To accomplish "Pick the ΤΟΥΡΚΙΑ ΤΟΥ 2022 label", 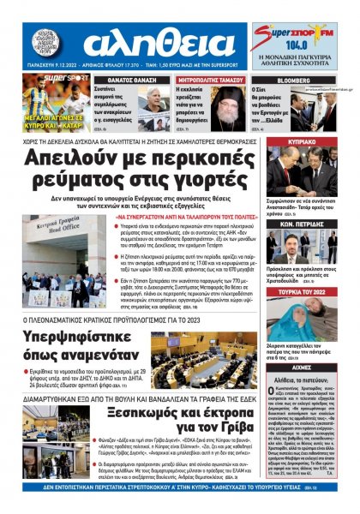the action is tap(307, 293).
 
